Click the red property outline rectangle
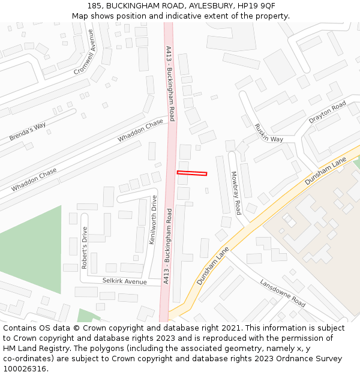(192, 173)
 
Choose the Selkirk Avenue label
(124, 281)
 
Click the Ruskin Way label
(268, 133)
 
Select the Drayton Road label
(328, 112)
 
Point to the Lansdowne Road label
(283, 293)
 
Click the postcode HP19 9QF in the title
(256, 5)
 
